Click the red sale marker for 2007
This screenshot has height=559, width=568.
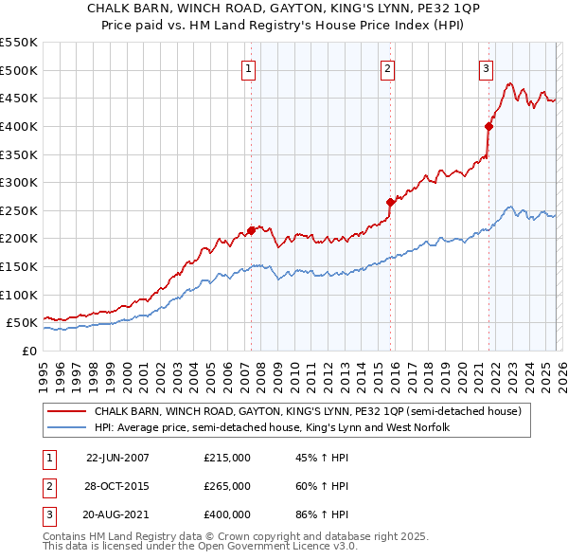pyautogui.click(x=251, y=229)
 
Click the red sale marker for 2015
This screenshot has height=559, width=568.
pyautogui.click(x=390, y=202)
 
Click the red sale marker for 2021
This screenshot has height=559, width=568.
pyautogui.click(x=488, y=126)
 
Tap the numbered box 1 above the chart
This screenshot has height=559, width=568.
pyautogui.click(x=248, y=68)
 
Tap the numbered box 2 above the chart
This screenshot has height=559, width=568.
pyautogui.click(x=388, y=68)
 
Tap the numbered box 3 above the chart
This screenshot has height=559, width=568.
pyautogui.click(x=485, y=68)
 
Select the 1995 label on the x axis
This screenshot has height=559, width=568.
pyautogui.click(x=44, y=372)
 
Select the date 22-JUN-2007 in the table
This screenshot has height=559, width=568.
pyautogui.click(x=117, y=458)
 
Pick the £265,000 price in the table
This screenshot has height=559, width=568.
pyautogui.click(x=227, y=486)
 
